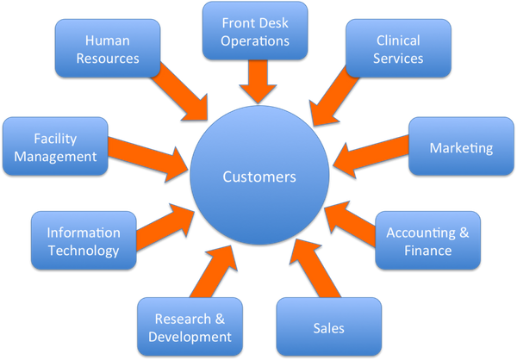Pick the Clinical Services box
(x=399, y=49)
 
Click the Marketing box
(x=461, y=148)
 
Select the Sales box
(x=328, y=327)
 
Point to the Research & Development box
(x=187, y=326)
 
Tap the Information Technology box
(x=83, y=241)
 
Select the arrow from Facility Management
(x=151, y=155)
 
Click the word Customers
(x=259, y=177)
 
